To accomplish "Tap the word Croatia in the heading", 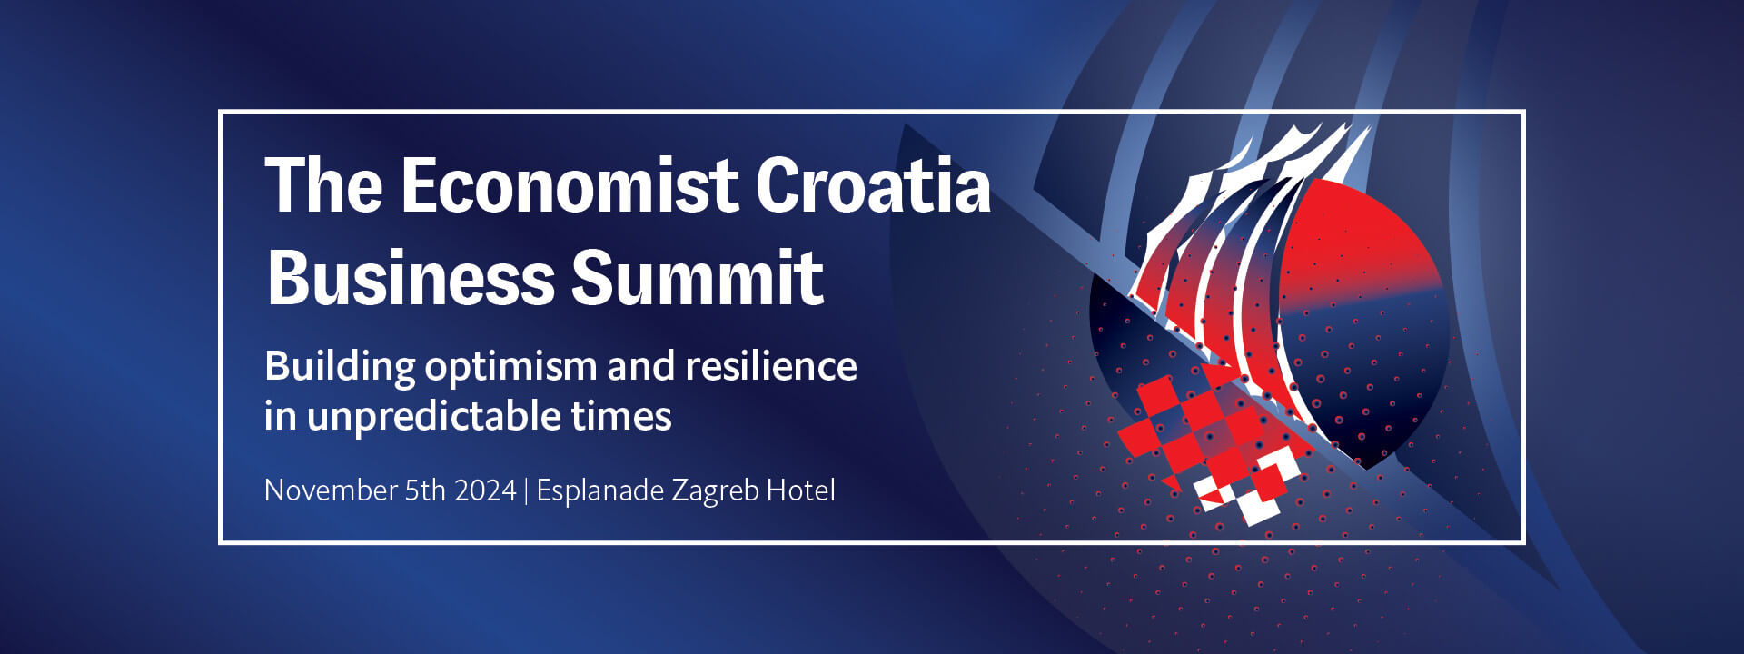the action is (x=873, y=184).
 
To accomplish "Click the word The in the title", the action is (x=323, y=184).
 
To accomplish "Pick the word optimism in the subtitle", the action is (x=510, y=368).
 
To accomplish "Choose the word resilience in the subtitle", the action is (x=771, y=365).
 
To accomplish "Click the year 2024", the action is (x=485, y=490).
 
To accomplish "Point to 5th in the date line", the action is (x=425, y=490).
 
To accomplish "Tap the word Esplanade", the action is (x=600, y=490).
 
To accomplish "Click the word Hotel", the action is (x=801, y=490).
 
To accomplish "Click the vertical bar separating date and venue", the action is (x=527, y=491).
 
